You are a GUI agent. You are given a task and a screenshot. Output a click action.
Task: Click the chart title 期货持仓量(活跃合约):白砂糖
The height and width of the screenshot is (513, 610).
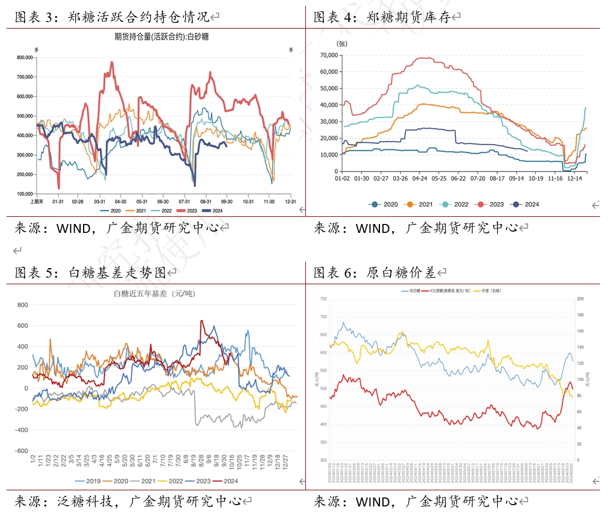(161, 37)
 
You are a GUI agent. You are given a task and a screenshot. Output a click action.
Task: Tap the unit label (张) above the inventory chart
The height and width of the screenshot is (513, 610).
(342, 44)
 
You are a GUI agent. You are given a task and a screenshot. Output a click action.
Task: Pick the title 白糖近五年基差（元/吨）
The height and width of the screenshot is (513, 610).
(155, 293)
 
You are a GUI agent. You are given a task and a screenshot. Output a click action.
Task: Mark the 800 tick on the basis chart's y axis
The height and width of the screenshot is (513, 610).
(23, 305)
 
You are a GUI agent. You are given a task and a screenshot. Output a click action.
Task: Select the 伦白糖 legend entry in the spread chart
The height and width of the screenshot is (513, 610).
(413, 290)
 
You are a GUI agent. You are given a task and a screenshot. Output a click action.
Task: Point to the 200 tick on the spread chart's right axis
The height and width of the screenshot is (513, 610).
(578, 299)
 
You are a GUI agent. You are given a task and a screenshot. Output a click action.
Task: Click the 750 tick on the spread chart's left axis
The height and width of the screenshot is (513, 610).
(323, 299)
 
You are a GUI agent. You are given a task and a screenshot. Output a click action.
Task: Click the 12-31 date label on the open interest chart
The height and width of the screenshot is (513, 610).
(290, 202)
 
